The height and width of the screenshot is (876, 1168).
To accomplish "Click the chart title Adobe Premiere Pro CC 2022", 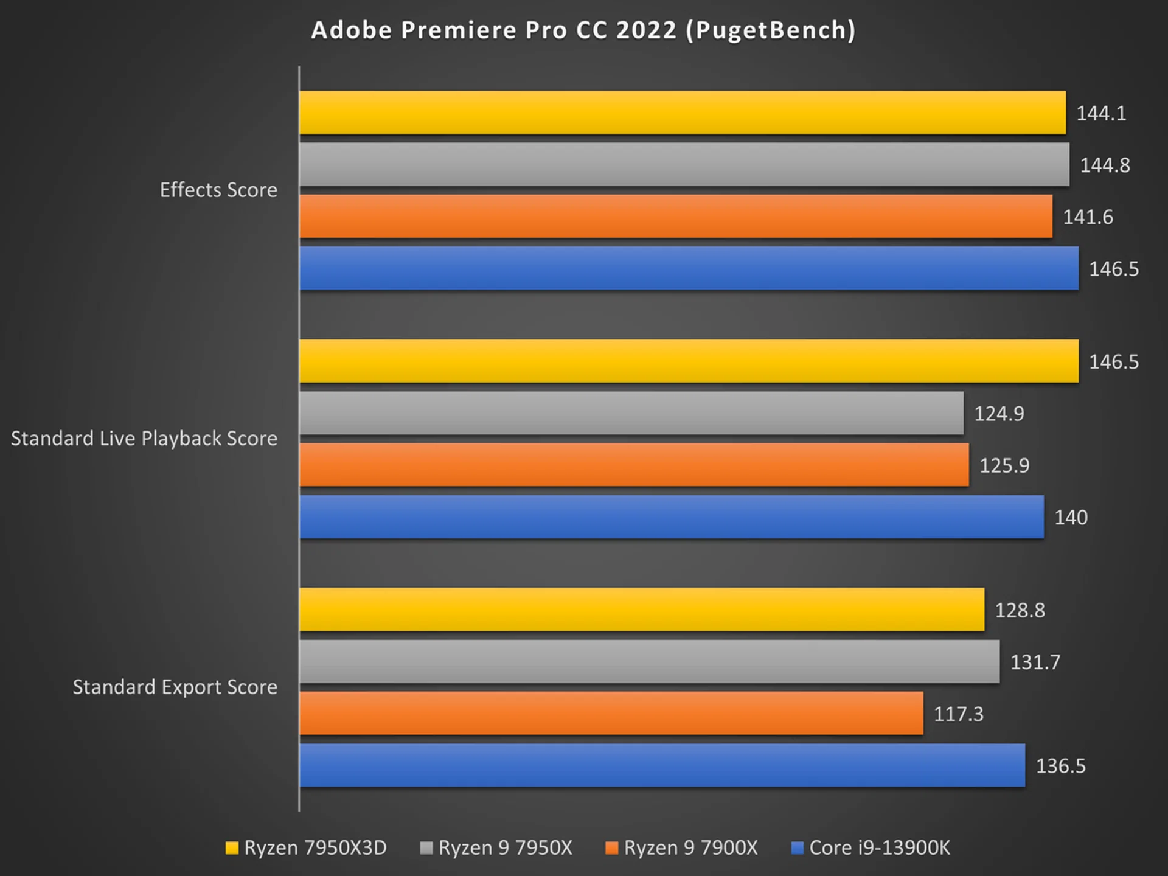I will coord(583,30).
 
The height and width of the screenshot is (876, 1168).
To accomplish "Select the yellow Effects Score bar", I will coord(682,113).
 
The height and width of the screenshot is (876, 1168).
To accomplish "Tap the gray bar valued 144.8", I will coord(684,164).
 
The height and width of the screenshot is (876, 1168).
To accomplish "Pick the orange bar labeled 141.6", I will coord(675,216).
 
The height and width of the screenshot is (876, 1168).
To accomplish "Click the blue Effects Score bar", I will coord(689,268).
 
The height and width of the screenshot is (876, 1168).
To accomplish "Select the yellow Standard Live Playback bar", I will coord(689,361).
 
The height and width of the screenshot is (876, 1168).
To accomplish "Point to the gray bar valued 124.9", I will coord(631,413).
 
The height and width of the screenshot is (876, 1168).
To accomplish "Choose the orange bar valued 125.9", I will coord(634,465).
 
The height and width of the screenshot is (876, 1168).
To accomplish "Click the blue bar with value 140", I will coord(671,516).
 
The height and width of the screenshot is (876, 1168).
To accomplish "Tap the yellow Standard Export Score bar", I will coord(641,610).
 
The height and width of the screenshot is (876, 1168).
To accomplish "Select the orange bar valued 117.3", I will coord(611,713).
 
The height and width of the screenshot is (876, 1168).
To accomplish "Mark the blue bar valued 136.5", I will coord(662,765).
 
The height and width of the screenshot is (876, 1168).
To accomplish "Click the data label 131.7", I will coord(1035,662).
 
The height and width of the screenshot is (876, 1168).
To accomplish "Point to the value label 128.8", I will coord(1020,610).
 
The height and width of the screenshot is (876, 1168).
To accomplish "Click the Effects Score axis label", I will coord(218,190).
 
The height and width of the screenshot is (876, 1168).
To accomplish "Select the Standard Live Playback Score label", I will coord(144,439).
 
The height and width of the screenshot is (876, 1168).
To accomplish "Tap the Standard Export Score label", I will coord(175,687).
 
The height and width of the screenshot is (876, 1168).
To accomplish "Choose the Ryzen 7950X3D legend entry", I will coord(307,848).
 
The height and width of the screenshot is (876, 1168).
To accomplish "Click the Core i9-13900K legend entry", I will coord(871,848).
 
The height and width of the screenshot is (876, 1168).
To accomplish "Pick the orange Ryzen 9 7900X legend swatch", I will coord(611,848).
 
